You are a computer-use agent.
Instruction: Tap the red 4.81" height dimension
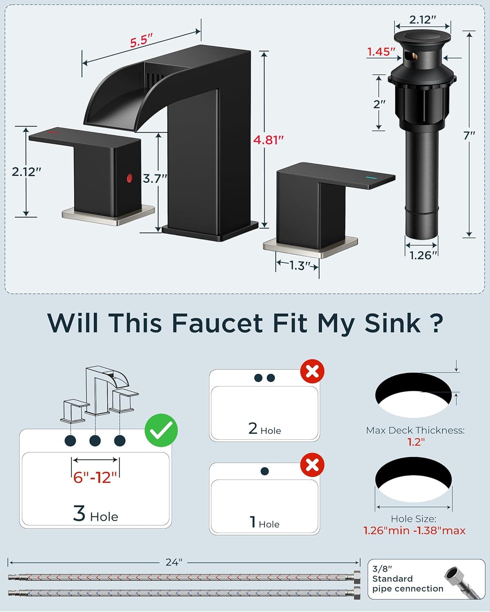point(268,140)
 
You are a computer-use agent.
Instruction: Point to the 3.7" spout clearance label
point(155,179)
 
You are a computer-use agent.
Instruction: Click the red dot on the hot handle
point(130,178)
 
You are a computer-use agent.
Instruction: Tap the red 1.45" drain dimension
point(381,52)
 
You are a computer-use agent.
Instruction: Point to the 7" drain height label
point(469,135)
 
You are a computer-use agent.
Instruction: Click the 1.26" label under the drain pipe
point(423,255)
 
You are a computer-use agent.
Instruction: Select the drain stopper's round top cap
point(422,37)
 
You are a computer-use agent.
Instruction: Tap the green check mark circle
point(161,430)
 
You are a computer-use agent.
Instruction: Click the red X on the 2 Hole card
point(312,371)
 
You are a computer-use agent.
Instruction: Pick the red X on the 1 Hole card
point(312,465)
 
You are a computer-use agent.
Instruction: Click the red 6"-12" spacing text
point(95,477)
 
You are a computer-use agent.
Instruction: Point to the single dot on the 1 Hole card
point(264,471)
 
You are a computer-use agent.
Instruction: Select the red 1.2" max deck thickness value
point(416,442)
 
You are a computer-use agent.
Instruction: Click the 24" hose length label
point(174,562)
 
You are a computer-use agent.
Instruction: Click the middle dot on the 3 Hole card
point(95,441)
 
